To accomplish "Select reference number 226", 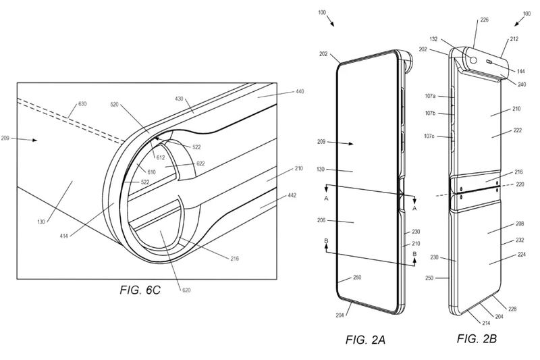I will (483, 22).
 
